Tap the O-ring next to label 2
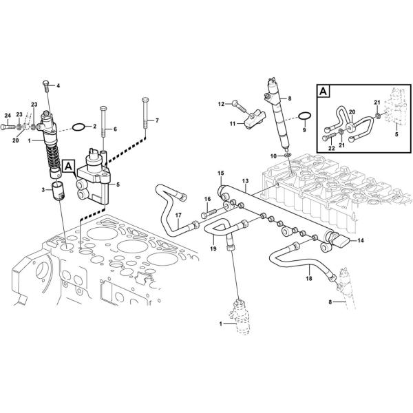(x=80, y=127)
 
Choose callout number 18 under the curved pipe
(x=308, y=279)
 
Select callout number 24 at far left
(x=8, y=116)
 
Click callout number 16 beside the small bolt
(x=206, y=199)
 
